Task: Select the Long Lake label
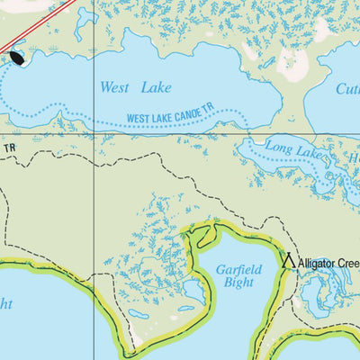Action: (288, 149)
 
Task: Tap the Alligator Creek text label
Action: (328, 264)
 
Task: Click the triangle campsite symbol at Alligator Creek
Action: (289, 262)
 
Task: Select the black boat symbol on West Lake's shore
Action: (16, 58)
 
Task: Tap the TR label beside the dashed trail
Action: (10, 147)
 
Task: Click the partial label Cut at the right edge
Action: (347, 90)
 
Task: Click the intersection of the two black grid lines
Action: (95, 136)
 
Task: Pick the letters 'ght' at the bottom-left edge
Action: (5, 305)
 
